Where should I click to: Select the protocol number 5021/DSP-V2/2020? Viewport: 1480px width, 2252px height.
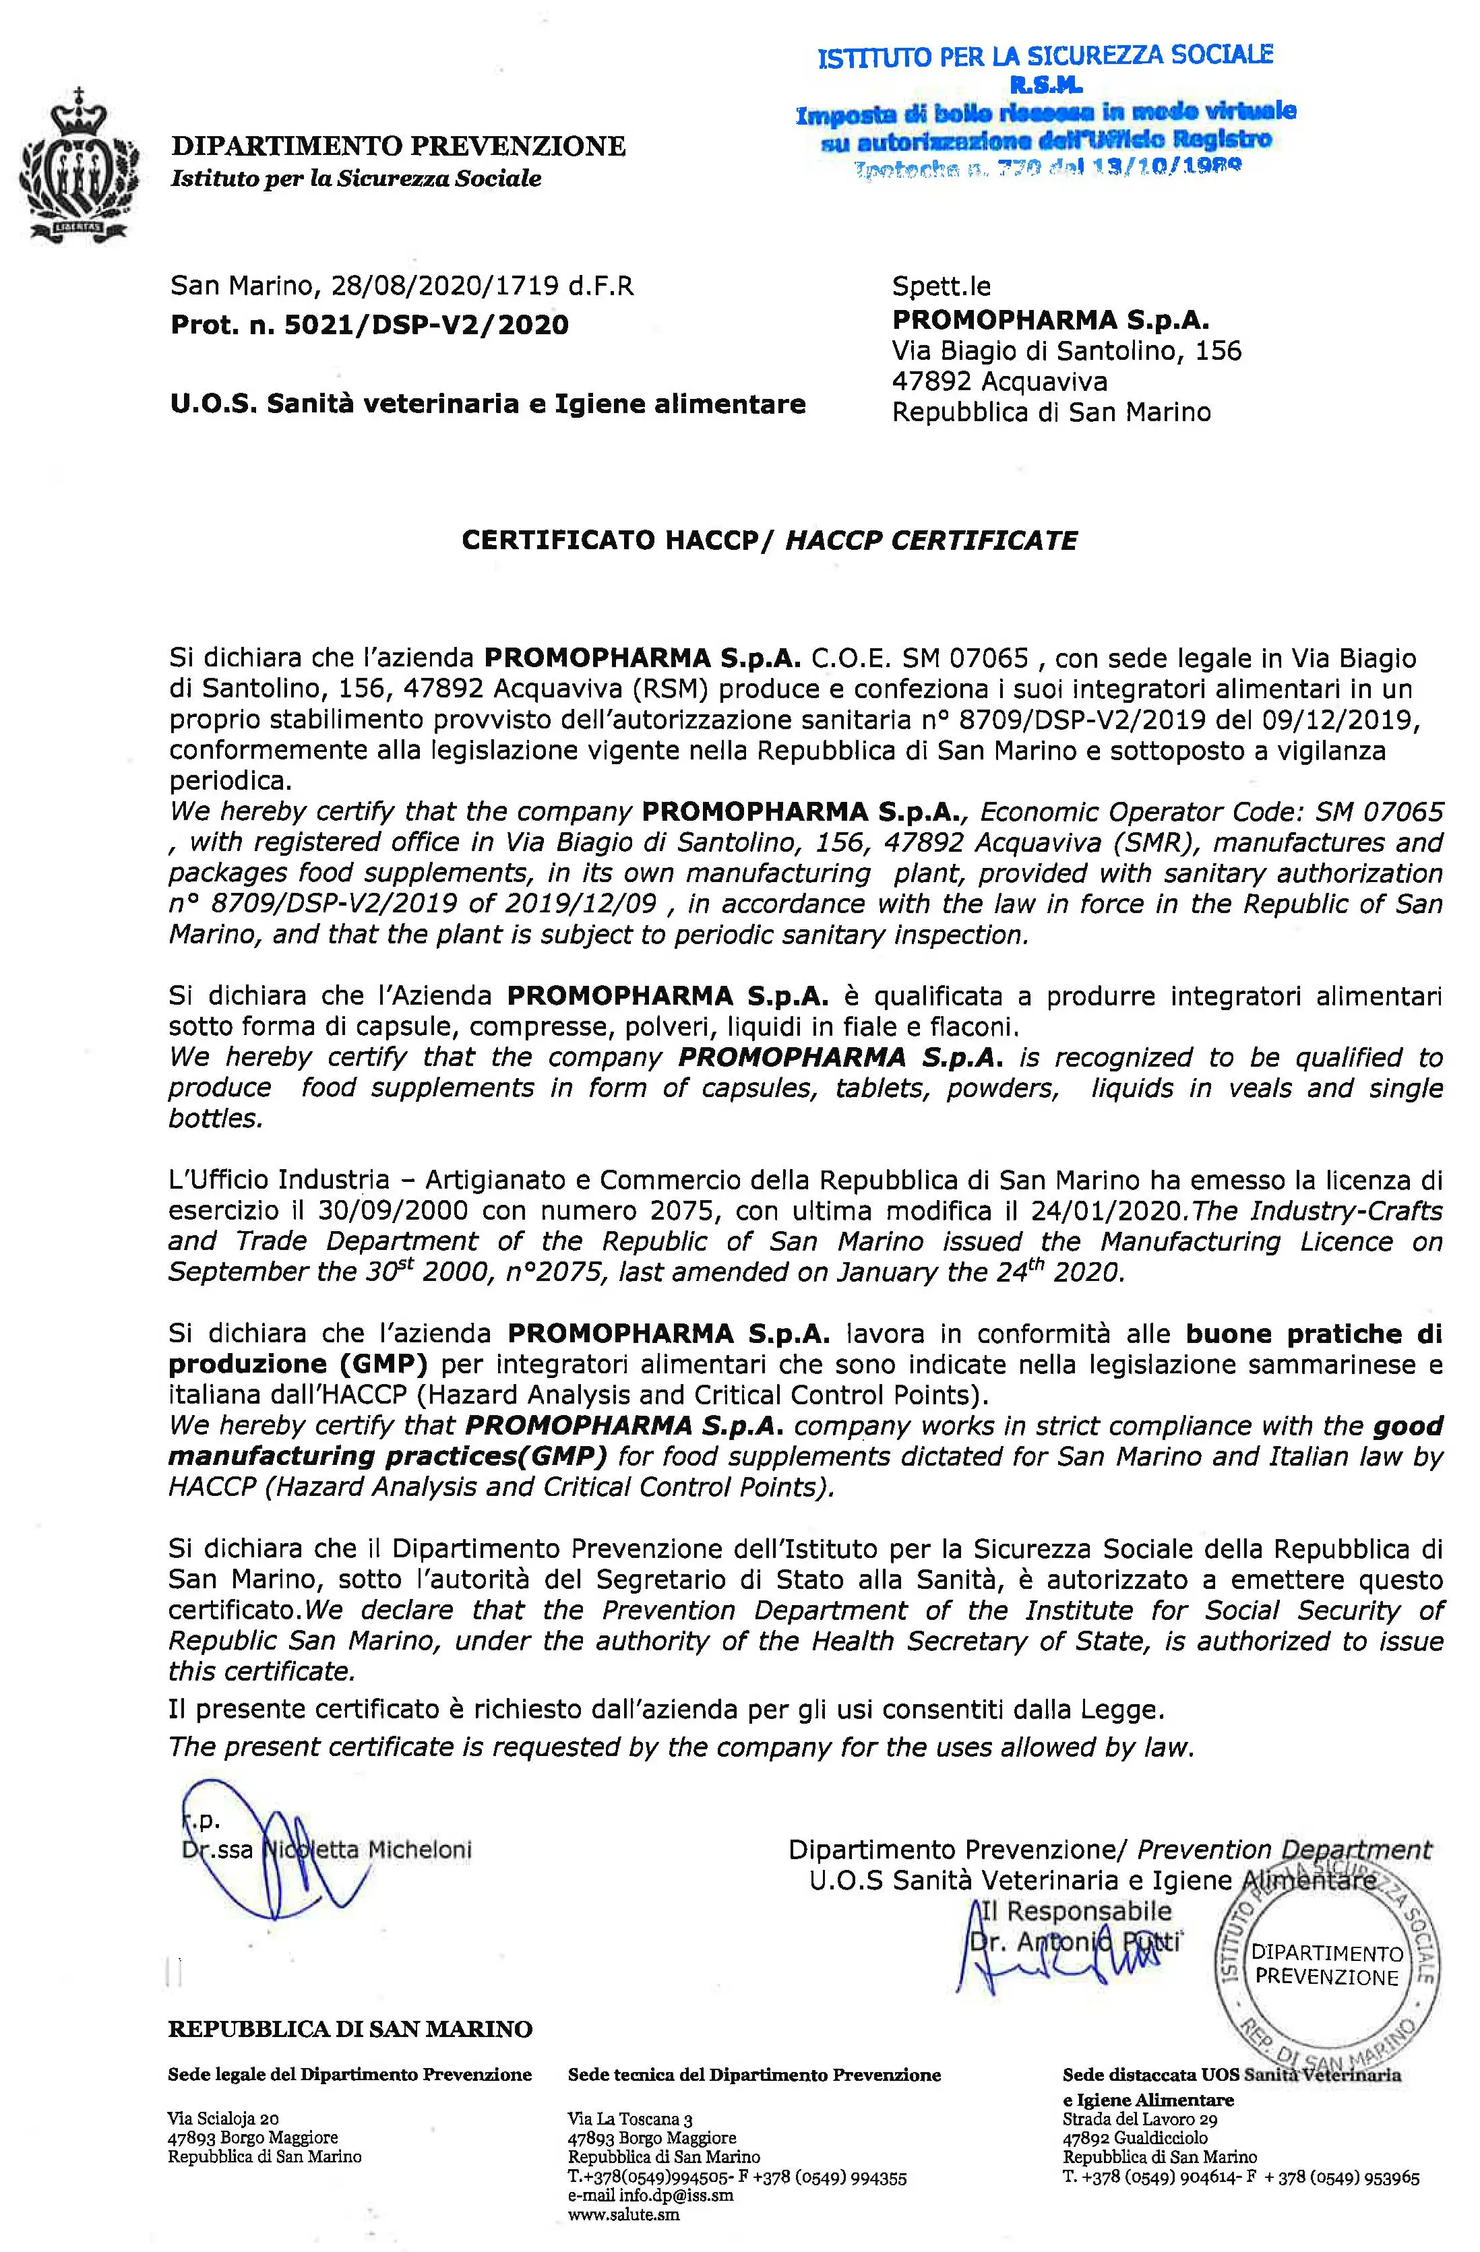click(x=424, y=325)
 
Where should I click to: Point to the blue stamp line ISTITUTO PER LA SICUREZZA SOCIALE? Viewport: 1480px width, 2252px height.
click(x=1045, y=57)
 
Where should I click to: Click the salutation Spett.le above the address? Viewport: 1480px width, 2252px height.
click(x=942, y=286)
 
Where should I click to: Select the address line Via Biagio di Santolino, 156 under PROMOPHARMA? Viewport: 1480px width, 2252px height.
click(x=1066, y=351)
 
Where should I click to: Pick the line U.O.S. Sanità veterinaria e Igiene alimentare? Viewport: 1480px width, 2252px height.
click(x=487, y=404)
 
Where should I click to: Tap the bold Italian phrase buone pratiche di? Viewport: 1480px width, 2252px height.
click(x=1314, y=1334)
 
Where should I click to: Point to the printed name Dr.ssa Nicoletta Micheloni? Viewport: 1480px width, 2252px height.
click(x=326, y=1849)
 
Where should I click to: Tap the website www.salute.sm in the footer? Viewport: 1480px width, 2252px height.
click(x=623, y=2215)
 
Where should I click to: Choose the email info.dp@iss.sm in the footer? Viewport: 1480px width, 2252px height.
click(x=650, y=2195)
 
